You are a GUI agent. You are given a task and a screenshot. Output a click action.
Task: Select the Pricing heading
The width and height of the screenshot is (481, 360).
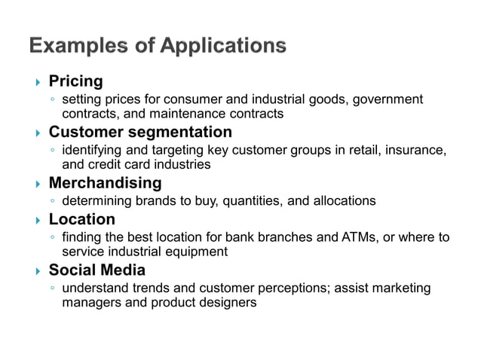point(75,81)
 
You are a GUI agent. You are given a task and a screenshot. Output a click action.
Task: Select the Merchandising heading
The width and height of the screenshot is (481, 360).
point(105,183)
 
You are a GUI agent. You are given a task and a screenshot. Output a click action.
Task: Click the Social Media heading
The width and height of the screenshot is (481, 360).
point(97,270)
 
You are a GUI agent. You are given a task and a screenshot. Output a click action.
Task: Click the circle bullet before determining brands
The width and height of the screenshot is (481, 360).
point(53,201)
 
